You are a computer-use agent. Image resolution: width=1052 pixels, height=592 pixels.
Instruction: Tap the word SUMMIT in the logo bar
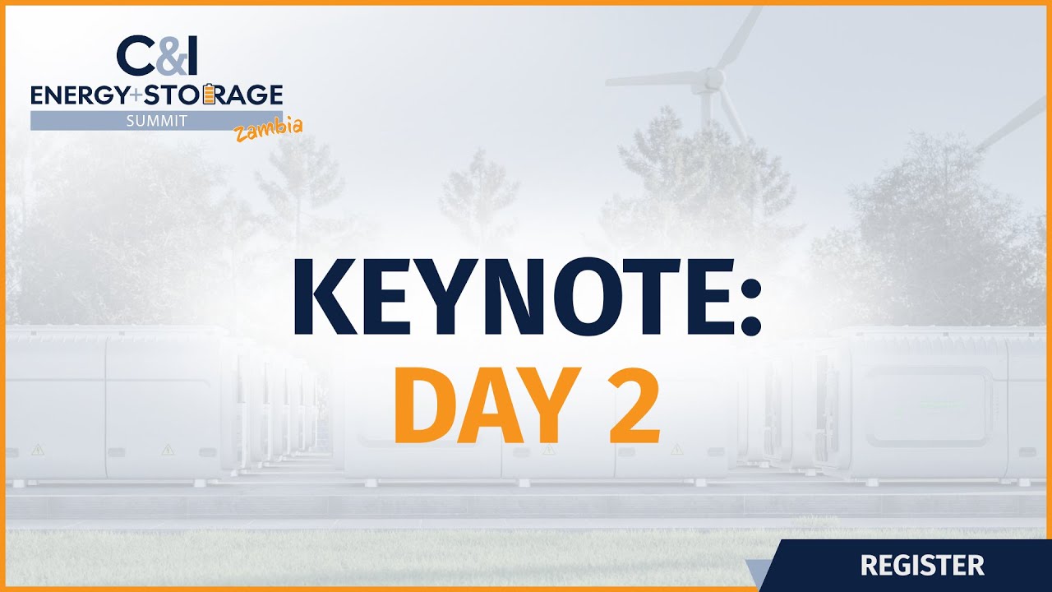[x=156, y=121]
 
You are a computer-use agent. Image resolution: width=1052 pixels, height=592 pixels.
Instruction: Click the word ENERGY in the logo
[x=78, y=95]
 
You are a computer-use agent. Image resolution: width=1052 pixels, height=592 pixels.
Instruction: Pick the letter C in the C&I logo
[x=136, y=55]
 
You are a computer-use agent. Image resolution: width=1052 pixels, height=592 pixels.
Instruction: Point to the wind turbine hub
[x=712, y=80]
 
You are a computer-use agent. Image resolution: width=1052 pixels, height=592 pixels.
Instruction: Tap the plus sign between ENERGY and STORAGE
[x=136, y=96]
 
